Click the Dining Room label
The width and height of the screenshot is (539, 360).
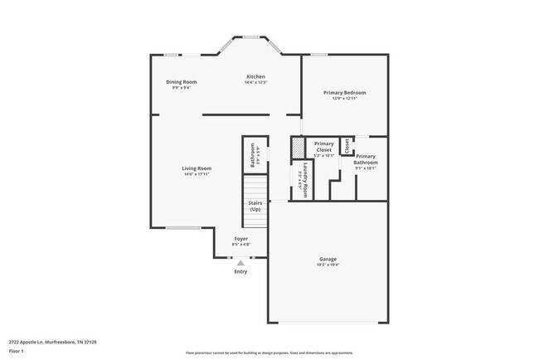181,81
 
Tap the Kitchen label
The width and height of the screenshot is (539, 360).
255,76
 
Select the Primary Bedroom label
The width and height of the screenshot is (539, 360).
344,92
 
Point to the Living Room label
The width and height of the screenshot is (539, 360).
197,168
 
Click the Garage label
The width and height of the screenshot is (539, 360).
328,259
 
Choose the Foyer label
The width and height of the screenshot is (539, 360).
240,239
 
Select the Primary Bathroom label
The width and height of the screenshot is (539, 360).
366,159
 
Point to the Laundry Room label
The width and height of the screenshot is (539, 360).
306,178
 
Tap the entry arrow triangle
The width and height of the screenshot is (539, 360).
240,263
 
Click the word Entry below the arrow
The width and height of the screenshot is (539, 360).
240,272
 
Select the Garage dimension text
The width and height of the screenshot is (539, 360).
328,265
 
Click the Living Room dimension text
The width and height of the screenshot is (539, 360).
197,174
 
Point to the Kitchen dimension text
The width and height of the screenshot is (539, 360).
255,82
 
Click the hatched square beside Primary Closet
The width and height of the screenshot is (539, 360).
298,147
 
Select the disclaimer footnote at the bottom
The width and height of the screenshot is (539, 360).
269,353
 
